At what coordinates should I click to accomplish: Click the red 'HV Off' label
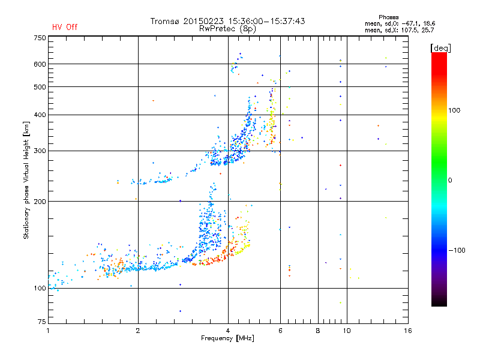point(64,27)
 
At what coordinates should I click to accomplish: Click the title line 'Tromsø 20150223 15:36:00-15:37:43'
point(227,21)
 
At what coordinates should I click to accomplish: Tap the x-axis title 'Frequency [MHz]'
point(227,338)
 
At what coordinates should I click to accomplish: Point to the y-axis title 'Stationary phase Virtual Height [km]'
point(26,179)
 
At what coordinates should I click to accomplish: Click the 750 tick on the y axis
point(40,38)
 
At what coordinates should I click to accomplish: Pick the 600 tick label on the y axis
point(40,64)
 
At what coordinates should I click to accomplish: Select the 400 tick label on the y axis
point(40,115)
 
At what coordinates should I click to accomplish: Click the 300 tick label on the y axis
point(40,151)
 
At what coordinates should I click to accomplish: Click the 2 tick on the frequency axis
point(138,331)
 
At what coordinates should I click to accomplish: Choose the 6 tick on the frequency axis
point(280,331)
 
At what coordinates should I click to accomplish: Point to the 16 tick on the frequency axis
point(407,331)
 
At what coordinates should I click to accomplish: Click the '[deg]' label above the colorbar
point(441,47)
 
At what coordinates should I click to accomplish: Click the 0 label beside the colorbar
point(453,180)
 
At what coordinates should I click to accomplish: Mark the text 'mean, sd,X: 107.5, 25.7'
point(399,29)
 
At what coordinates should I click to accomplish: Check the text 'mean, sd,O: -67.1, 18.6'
point(399,23)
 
